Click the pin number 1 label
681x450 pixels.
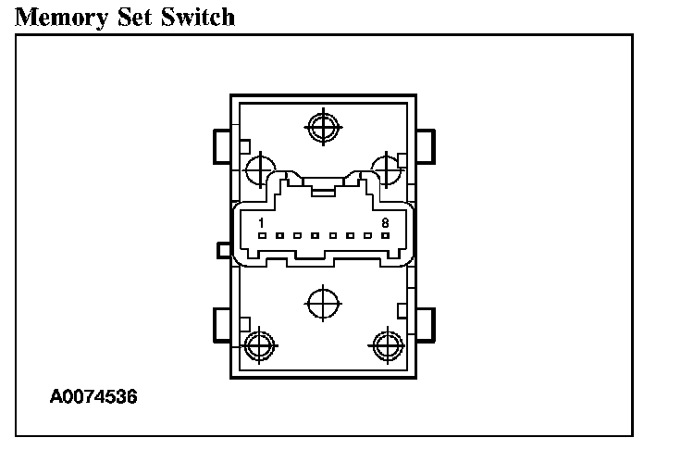262,223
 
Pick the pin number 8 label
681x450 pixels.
385,223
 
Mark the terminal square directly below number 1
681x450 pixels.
262,236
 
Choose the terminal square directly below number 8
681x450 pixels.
385,236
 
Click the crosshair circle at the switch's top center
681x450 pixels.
322,126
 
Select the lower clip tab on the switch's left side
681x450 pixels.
221,323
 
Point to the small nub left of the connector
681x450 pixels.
222,250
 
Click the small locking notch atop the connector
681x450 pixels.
322,191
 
